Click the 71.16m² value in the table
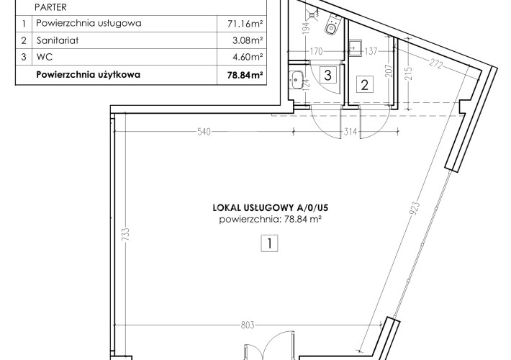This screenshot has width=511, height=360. [245, 24]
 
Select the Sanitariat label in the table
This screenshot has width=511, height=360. [58, 40]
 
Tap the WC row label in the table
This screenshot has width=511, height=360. [45, 57]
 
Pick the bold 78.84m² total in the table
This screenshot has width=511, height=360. [245, 75]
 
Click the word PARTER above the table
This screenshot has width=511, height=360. [50, 7]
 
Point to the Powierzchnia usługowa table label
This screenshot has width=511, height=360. [89, 24]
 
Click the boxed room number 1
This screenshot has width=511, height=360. [269, 243]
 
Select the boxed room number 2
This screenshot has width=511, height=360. [365, 84]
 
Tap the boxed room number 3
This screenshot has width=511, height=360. [328, 75]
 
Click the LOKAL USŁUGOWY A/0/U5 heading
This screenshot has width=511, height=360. [270, 207]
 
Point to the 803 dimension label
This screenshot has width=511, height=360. [248, 325]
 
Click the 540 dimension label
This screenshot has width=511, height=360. [204, 132]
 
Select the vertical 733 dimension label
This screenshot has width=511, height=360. [125, 234]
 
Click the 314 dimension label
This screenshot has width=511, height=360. [351, 132]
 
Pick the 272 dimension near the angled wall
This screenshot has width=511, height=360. [436, 64]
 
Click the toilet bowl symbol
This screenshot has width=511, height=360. [333, 24]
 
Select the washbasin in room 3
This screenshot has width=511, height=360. [297, 80]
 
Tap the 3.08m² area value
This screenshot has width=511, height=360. [248, 40]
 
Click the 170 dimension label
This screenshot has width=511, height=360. [316, 51]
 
